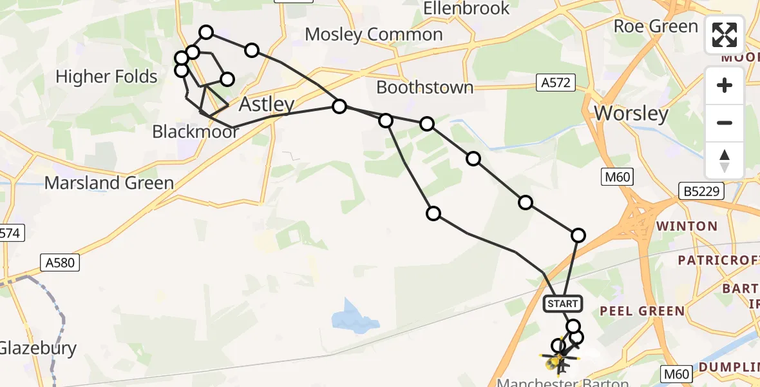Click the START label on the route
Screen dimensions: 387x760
tap(564, 303)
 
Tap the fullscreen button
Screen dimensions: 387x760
tap(725, 35)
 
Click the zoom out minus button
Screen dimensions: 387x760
tap(725, 123)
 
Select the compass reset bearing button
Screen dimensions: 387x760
tap(725, 161)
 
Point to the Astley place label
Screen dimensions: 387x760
tap(267, 104)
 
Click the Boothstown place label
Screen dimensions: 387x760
tap(424, 87)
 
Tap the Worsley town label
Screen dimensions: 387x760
tap(631, 114)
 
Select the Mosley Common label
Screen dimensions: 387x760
tap(374, 34)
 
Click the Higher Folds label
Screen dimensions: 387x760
tap(106, 77)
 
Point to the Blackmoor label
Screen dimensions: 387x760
tap(196, 132)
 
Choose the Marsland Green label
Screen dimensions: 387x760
tap(109, 183)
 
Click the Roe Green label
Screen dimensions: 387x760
tap(656, 26)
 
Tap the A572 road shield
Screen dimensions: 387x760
tap(556, 82)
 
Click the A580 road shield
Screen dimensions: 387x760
tap(61, 262)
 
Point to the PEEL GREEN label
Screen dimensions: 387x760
tap(641, 311)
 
